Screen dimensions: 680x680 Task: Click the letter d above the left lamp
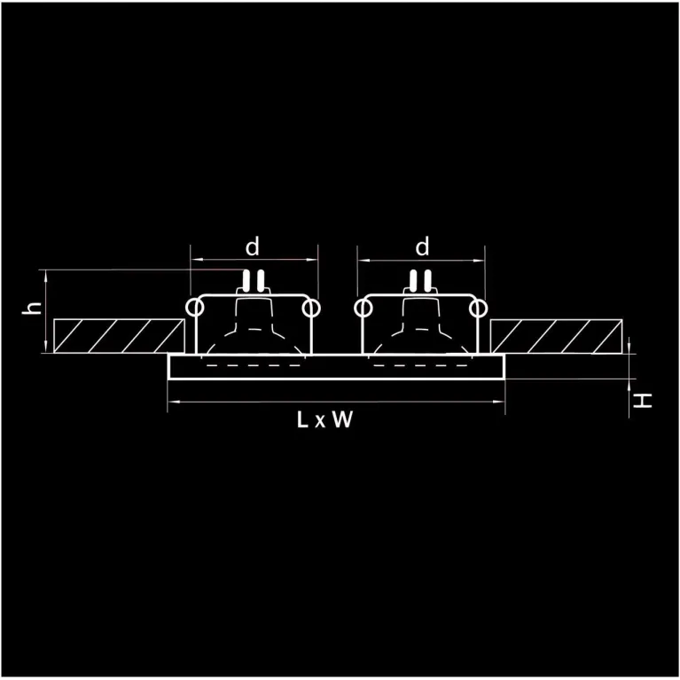[x=253, y=246]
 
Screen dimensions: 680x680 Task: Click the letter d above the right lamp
[x=422, y=246]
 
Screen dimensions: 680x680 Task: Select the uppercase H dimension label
[x=643, y=400]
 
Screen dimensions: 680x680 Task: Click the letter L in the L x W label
[x=302, y=419]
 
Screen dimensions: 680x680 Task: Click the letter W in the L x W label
[x=342, y=419]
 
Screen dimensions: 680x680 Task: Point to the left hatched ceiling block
[x=119, y=336]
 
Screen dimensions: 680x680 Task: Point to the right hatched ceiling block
[x=557, y=336]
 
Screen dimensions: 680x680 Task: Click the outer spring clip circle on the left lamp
[x=194, y=308]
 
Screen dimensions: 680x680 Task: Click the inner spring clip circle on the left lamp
[x=311, y=309]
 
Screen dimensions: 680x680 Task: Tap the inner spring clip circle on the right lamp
[x=363, y=309]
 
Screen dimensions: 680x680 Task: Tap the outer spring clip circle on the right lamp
[x=478, y=309]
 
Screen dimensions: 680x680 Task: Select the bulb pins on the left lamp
[x=254, y=280]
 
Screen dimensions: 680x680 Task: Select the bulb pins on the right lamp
[x=420, y=280]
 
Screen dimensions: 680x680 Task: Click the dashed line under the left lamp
[x=254, y=365]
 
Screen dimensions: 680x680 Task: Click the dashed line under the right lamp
[x=420, y=365]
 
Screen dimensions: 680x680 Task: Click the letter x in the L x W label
[x=320, y=421]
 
